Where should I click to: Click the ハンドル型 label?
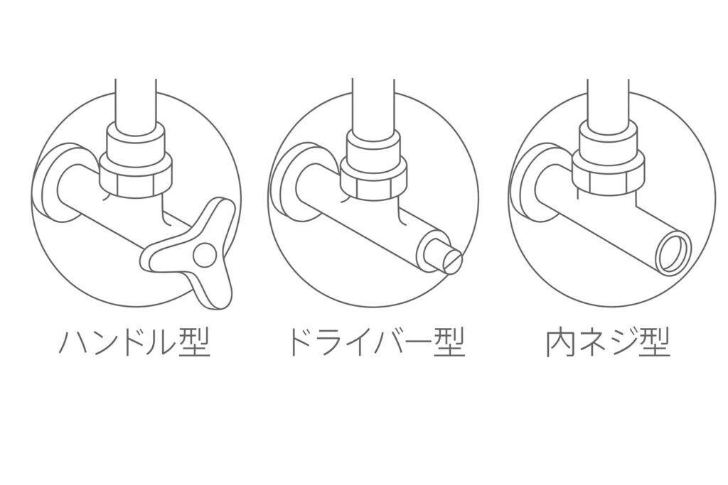[x=134, y=343]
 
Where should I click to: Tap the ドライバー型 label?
[x=377, y=343]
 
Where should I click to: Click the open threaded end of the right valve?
[x=673, y=254]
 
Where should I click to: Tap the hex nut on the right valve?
[x=609, y=178]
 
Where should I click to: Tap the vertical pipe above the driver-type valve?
[x=373, y=104]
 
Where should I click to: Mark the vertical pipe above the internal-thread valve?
[x=609, y=102]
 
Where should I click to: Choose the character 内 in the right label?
[x=560, y=343]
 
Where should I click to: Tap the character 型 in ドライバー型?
[x=449, y=343]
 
